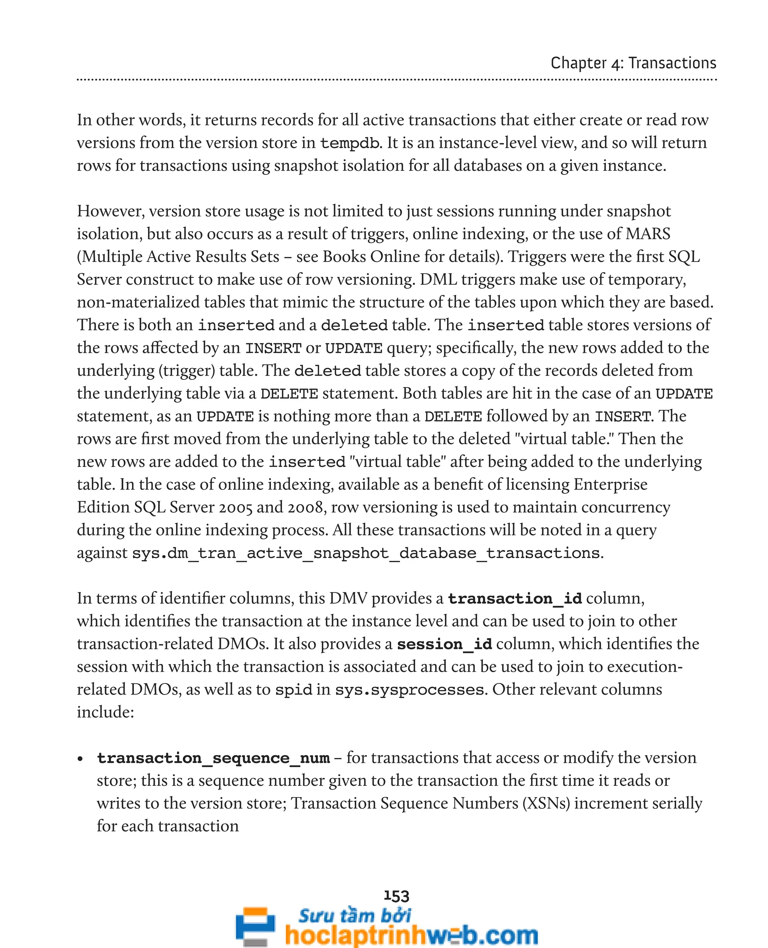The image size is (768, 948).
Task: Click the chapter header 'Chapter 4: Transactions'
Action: [633, 63]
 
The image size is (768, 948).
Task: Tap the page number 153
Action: [396, 896]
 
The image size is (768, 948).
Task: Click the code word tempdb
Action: [349, 143]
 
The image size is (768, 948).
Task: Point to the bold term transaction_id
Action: [514, 599]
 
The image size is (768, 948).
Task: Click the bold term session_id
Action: [444, 644]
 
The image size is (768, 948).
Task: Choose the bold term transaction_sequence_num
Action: [213, 758]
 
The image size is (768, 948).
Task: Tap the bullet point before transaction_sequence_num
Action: [80, 759]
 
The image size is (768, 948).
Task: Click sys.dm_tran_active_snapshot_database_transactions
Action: [366, 554]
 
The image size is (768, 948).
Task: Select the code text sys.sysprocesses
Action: [409, 690]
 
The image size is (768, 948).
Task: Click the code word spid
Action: [293, 690]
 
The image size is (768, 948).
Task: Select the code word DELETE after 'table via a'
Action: [289, 394]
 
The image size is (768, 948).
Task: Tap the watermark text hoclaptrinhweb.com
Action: [411, 935]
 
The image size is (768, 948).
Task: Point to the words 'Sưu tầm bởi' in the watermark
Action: [354, 916]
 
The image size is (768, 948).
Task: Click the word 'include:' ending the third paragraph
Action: [105, 712]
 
